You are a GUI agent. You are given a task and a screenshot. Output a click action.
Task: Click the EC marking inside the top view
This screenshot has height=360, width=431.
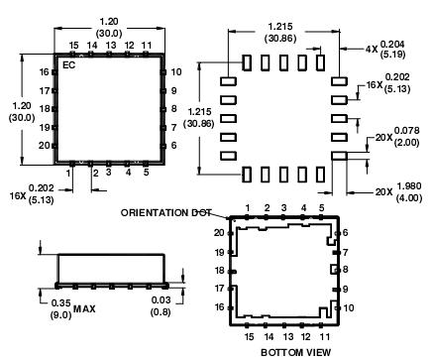click(69, 64)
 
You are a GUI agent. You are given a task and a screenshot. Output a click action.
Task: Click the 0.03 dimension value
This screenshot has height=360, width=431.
click(159, 302)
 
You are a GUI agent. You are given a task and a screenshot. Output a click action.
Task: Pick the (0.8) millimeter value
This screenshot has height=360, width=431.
click(159, 314)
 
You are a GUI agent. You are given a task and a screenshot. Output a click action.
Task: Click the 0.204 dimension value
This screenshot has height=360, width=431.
click(394, 44)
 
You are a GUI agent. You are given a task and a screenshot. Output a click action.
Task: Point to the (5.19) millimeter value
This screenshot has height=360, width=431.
click(394, 56)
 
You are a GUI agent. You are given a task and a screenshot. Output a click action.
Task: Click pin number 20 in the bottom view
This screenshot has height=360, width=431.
click(219, 232)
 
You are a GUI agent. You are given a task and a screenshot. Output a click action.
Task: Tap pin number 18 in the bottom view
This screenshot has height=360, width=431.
click(219, 270)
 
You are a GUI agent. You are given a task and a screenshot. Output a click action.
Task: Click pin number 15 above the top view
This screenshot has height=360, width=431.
click(73, 45)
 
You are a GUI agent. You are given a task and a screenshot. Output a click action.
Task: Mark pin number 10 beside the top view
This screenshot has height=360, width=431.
click(174, 72)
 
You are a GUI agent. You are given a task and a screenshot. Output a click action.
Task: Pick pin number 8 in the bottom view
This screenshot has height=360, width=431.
click(346, 270)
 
